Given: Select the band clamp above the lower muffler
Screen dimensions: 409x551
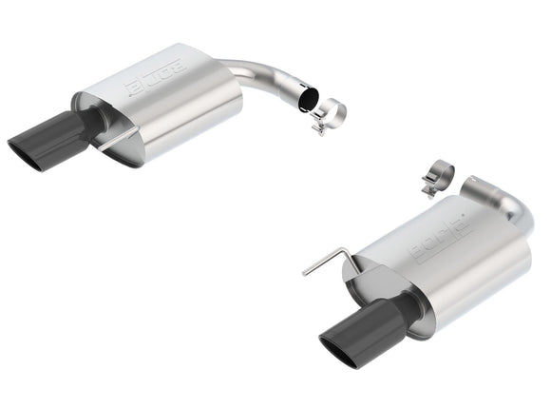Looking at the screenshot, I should (x=439, y=177).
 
